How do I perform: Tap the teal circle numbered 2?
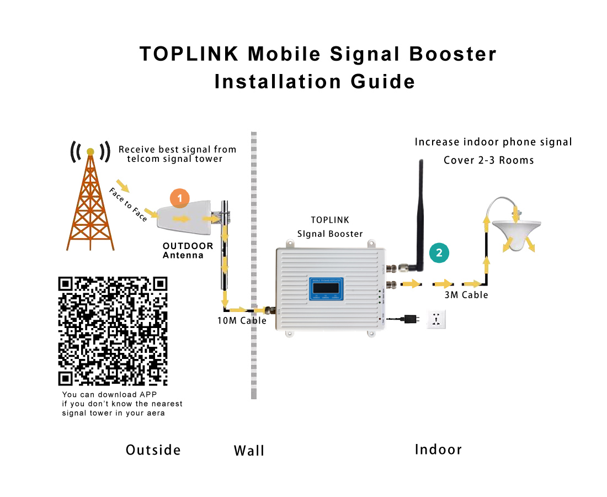(439, 253)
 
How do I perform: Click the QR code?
(113, 330)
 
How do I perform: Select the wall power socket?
(436, 320)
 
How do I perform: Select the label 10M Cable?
(242, 321)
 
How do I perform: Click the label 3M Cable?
(466, 295)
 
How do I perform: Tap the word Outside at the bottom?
(153, 450)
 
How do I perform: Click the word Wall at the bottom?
(249, 451)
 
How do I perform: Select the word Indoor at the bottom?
(438, 450)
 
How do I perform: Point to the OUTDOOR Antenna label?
(188, 250)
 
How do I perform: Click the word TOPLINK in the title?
(189, 54)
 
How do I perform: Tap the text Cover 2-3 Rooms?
(489, 161)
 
